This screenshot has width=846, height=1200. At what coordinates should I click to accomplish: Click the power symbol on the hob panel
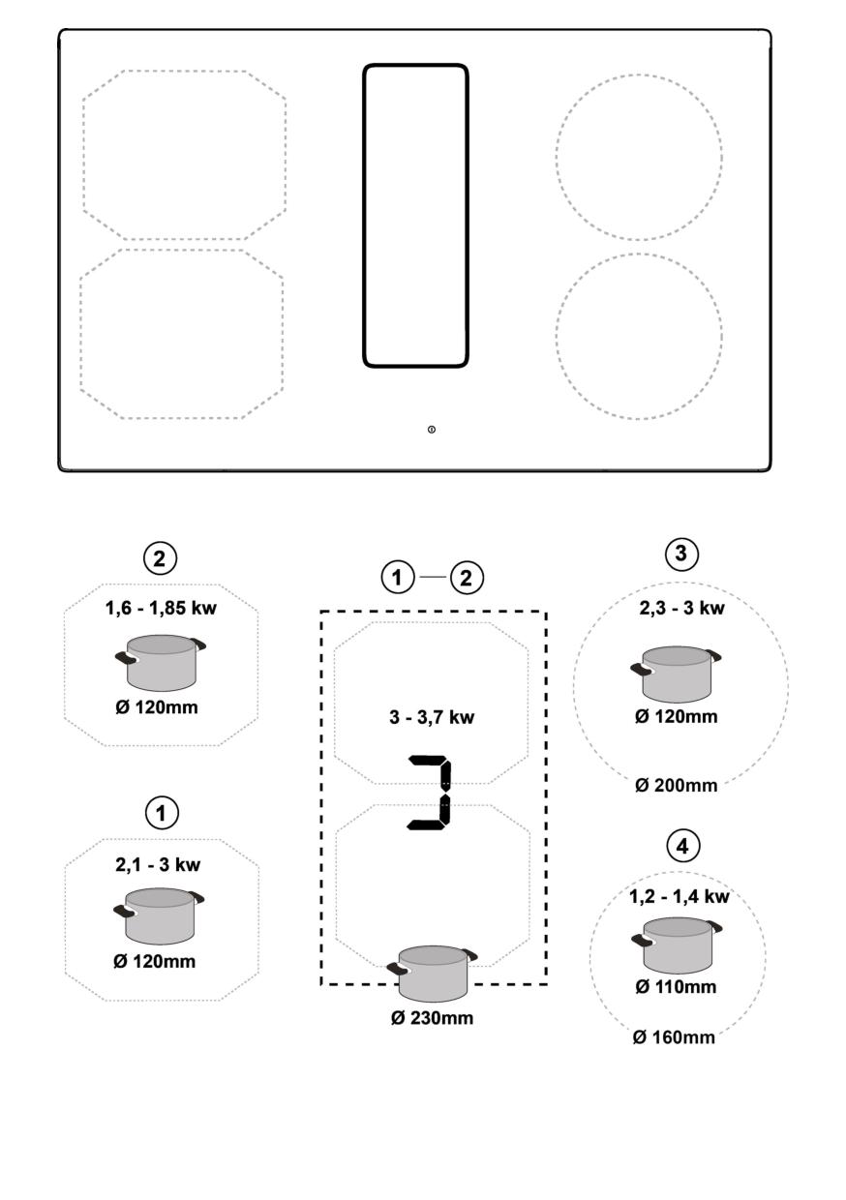tap(432, 430)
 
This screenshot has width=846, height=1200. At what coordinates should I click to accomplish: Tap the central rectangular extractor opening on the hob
tap(416, 216)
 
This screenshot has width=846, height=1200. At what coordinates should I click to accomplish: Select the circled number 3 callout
tap(681, 554)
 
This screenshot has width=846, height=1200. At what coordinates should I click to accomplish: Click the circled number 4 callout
tap(682, 847)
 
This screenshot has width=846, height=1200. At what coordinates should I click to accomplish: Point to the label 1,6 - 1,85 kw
tap(161, 609)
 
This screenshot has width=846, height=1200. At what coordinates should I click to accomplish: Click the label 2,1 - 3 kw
tap(158, 864)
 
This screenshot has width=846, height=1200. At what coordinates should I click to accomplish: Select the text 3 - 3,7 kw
tap(432, 717)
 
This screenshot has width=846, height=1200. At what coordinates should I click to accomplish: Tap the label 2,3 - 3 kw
tap(681, 609)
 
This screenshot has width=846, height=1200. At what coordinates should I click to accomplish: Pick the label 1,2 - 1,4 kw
tap(679, 897)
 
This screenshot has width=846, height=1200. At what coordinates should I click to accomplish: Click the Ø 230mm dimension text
tap(432, 1018)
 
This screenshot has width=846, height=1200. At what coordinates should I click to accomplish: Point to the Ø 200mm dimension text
tap(677, 786)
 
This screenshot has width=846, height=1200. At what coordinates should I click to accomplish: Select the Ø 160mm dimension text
tap(674, 1037)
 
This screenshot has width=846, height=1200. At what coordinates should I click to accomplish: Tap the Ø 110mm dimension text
tap(676, 986)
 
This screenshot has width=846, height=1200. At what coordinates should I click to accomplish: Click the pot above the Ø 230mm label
tap(433, 974)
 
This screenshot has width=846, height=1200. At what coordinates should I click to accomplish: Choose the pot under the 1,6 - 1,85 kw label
tap(161, 663)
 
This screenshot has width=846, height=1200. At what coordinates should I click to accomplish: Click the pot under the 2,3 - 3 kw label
tap(676, 674)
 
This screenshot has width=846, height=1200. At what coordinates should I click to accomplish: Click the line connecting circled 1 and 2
tap(433, 577)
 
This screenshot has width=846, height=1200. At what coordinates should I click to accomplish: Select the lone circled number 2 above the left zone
tap(160, 558)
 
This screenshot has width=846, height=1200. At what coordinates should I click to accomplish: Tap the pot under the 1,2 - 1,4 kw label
tap(677, 945)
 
